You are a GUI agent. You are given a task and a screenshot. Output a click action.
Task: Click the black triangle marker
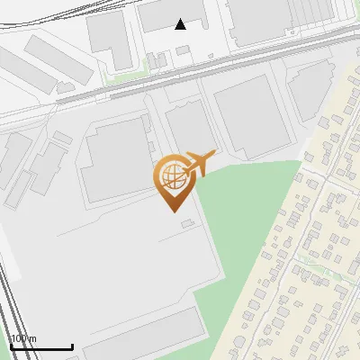[181, 24]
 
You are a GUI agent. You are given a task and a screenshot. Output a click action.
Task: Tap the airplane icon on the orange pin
[200, 163]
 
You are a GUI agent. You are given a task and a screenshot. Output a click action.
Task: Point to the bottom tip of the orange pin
[171, 211]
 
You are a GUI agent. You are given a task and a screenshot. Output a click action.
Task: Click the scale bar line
[41, 346]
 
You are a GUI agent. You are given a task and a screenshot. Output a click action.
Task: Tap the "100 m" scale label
[24, 338]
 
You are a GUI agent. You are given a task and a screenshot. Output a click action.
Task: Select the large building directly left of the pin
[115, 160]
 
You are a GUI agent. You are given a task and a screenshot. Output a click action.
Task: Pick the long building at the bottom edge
[144, 337]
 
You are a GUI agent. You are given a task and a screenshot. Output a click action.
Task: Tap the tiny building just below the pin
[186, 222]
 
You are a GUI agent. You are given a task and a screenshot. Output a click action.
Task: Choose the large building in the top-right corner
[270, 22]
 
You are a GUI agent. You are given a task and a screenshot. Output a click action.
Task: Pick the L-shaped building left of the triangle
[110, 40]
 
